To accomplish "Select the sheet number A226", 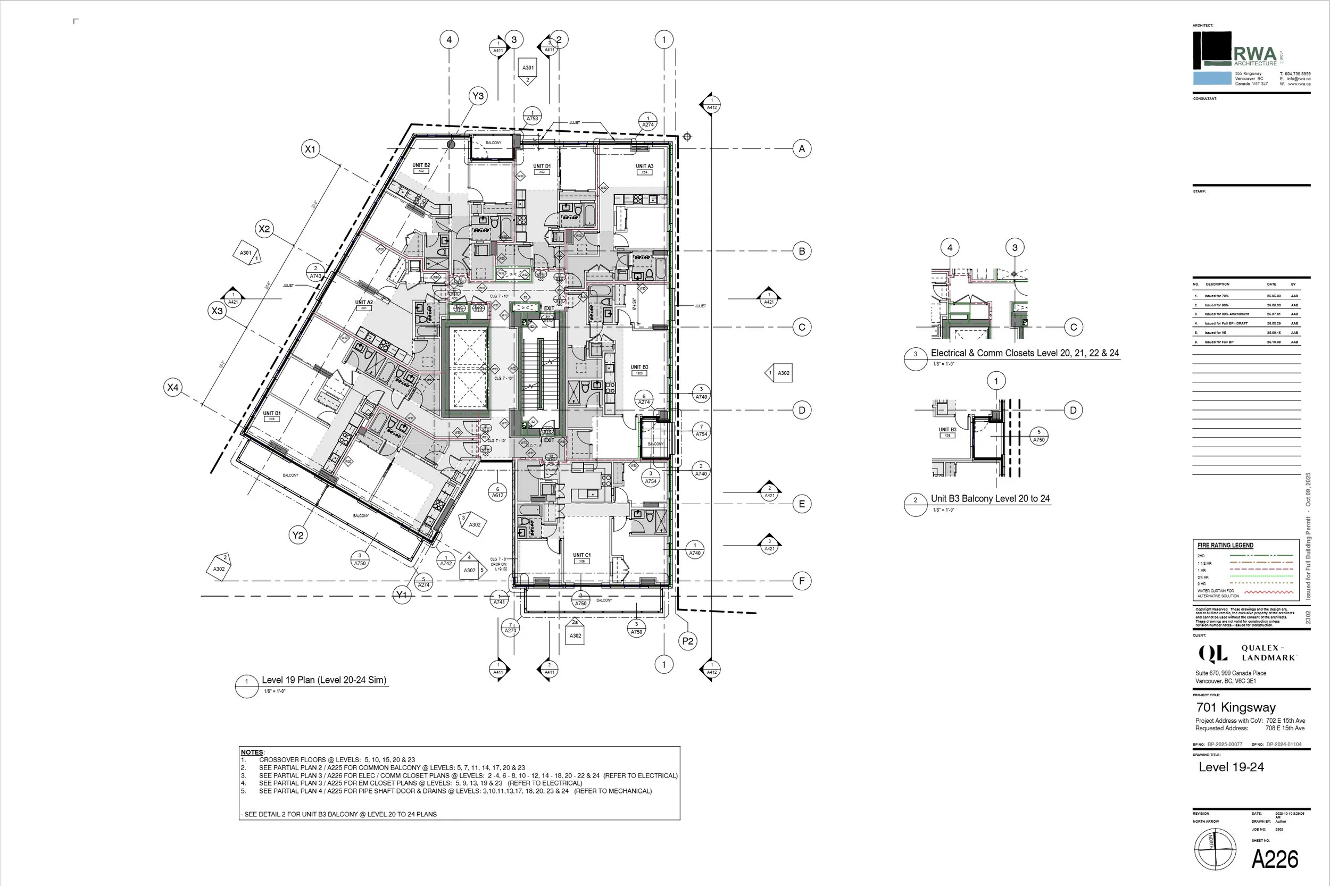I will [1275, 859].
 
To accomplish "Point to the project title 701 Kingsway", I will [1236, 707].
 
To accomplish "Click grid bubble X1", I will [310, 149].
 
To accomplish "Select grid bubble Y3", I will [478, 96].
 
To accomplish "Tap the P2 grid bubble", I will [687, 641].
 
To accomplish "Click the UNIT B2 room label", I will [421, 165].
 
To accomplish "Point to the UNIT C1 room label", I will [581, 555].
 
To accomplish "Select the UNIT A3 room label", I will [644, 166].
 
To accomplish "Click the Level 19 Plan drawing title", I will [324, 680].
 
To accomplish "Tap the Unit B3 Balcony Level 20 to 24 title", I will [990, 498].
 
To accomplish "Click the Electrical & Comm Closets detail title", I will [1024, 353].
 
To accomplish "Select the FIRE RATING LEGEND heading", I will [1225, 545].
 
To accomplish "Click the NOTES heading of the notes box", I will [252, 752].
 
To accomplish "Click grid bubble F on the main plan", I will [802, 581].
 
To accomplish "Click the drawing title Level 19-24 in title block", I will [1231, 767].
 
